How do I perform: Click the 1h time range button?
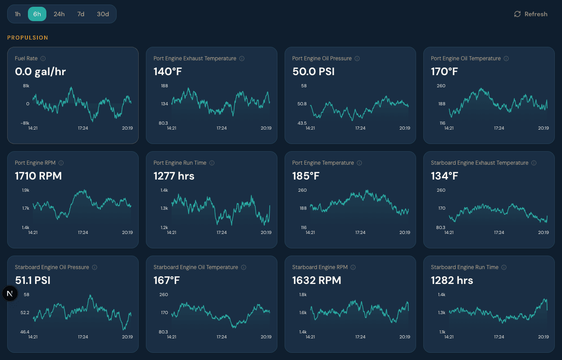[18, 14]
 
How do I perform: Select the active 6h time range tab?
[37, 14]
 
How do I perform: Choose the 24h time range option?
[59, 14]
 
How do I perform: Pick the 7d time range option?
[81, 14]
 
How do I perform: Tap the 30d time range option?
[103, 14]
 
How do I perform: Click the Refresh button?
[531, 14]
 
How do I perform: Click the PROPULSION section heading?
[27, 38]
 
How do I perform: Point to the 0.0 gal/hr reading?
[41, 72]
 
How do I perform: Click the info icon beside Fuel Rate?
[43, 58]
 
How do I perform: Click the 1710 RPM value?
[38, 176]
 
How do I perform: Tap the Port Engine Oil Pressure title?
[322, 58]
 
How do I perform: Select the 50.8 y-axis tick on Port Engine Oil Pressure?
[302, 104]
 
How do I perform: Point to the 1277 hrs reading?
[174, 176]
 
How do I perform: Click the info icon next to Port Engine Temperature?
[359, 163]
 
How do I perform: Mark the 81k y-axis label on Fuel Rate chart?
[26, 85]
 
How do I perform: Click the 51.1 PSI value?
[32, 280]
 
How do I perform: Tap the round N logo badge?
[10, 293]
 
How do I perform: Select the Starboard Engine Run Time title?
[464, 267]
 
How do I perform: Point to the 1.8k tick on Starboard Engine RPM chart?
[303, 295]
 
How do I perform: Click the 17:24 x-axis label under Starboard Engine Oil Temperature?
[222, 337]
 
